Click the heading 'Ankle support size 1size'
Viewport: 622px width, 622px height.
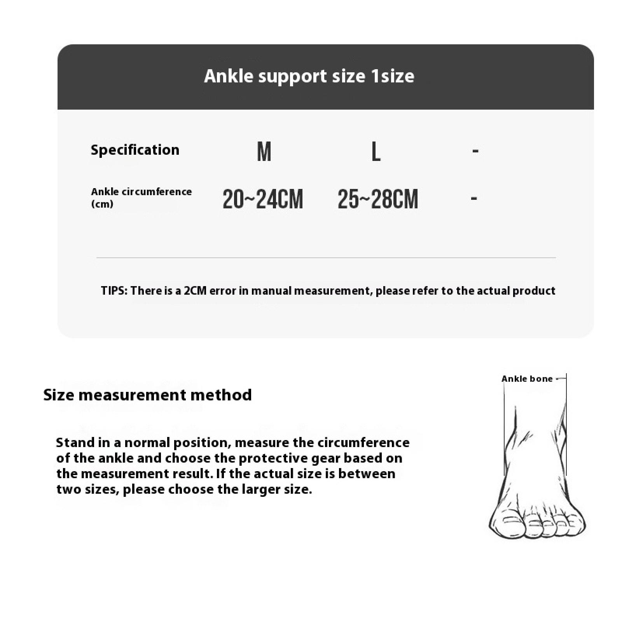[309, 76]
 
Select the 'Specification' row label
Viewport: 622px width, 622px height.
[135, 150]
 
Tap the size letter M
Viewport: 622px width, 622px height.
[264, 151]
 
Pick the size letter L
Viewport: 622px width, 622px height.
[376, 151]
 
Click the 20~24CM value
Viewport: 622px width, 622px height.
[262, 199]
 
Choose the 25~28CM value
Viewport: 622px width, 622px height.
[377, 199]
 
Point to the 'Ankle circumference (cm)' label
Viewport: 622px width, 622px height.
[141, 197]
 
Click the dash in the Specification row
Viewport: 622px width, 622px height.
[475, 151]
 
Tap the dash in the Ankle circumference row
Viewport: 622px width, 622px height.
[474, 199]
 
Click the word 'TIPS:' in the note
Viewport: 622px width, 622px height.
[114, 291]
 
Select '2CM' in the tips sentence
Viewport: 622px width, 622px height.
[195, 291]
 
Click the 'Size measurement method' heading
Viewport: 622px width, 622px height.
[147, 395]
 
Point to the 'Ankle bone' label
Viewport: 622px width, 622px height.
[527, 379]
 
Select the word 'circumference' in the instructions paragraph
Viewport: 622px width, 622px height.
[363, 442]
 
